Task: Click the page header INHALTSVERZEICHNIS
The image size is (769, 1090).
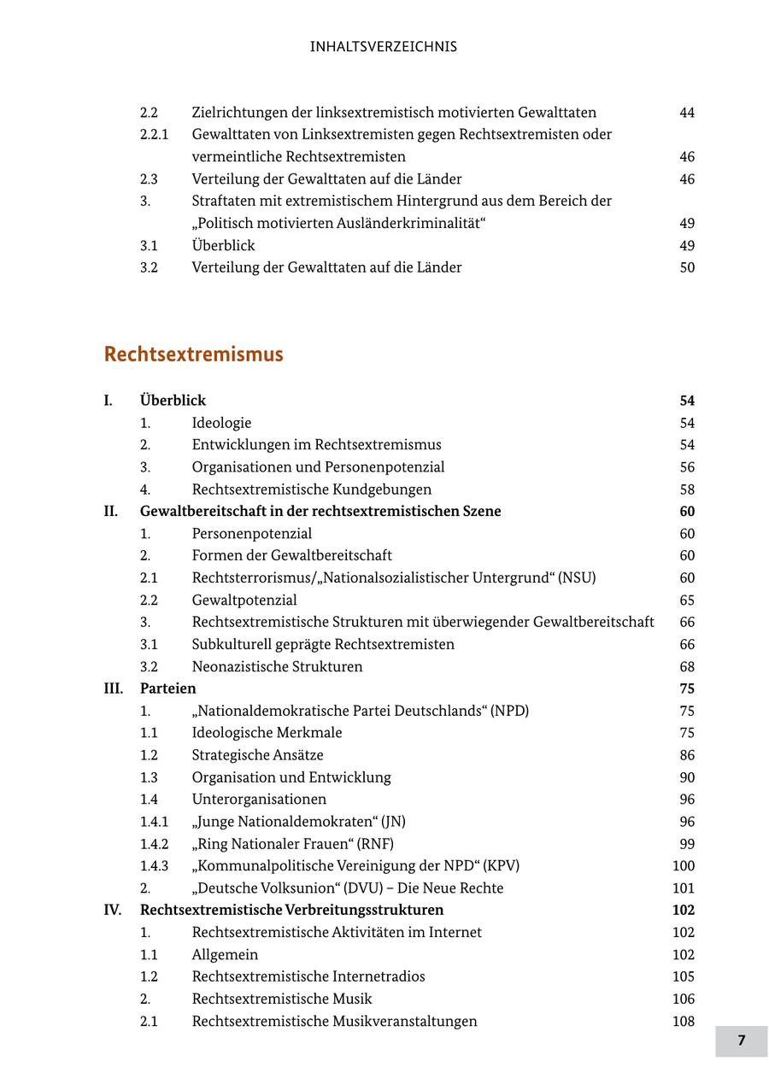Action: point(384,47)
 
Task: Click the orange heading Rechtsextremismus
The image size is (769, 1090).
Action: point(193,355)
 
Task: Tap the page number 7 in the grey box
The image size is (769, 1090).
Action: point(741,1040)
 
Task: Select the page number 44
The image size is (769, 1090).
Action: point(687,113)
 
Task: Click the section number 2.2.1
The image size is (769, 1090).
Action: point(154,135)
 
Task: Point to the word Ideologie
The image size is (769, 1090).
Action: point(221,423)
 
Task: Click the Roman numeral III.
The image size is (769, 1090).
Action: point(113,689)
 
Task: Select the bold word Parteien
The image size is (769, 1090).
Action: point(167,689)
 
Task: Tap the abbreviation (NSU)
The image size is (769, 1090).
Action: point(577,577)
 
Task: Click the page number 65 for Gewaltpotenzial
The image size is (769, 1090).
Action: point(687,601)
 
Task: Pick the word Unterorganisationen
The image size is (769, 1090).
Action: point(259,800)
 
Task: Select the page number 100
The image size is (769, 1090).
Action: point(684,866)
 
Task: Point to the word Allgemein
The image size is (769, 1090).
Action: point(225,955)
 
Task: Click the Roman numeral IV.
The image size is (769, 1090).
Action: point(113,911)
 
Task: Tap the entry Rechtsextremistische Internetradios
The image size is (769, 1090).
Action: point(308,976)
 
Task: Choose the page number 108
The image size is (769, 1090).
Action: point(684,1022)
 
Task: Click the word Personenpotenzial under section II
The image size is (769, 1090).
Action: point(251,534)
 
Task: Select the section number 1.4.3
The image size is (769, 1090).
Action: point(154,866)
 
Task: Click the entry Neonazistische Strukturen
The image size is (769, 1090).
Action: point(277,667)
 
